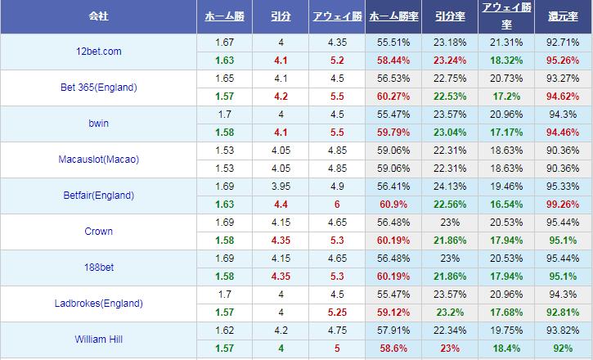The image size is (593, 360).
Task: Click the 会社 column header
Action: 98,16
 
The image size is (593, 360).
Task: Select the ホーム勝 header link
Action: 224,16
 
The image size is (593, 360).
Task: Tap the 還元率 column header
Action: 564,16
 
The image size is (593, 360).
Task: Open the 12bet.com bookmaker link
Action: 97,52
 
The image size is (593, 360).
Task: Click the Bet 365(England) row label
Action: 98,88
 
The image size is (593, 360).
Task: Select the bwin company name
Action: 98,124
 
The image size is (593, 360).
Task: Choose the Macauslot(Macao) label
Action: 98,160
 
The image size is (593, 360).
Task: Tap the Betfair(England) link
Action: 98,196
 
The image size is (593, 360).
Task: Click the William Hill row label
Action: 98,340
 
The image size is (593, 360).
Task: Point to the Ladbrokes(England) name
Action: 98,304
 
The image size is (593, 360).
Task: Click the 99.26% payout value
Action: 564,205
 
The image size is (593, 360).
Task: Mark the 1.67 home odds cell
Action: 224,43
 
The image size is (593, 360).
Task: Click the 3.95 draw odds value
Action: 280,187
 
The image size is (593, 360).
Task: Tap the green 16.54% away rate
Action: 506,205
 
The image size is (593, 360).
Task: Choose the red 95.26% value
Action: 564,61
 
